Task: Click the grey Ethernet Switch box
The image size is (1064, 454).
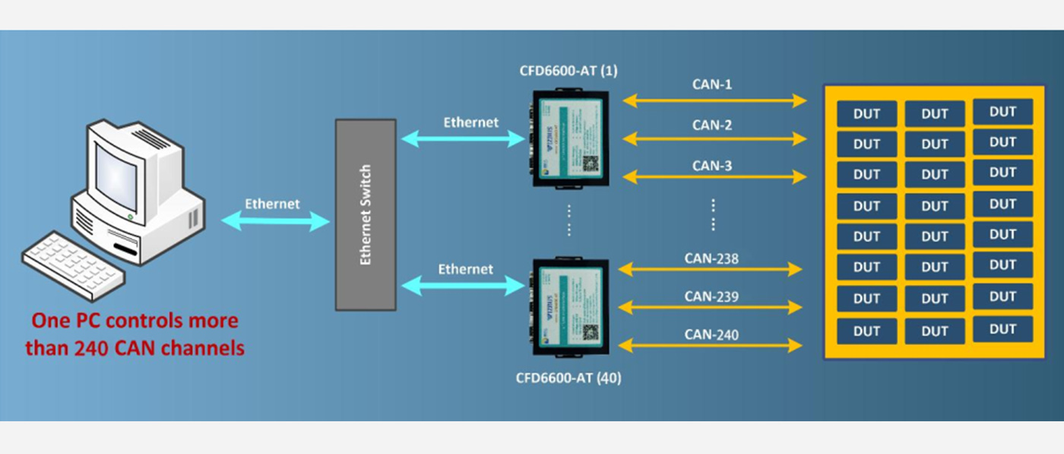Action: [366, 214]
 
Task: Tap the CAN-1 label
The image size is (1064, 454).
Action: [712, 84]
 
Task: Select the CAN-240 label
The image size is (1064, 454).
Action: [711, 334]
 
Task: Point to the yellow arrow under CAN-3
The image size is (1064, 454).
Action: [714, 176]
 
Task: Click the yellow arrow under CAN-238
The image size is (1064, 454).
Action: [710, 268]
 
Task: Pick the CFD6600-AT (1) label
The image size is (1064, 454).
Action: [568, 71]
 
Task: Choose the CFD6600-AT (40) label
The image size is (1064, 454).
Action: [568, 377]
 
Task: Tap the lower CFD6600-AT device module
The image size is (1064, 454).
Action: [568, 308]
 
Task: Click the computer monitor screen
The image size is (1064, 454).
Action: [116, 177]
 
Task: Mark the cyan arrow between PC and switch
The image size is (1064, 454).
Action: [275, 221]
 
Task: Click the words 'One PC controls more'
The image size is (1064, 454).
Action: [135, 321]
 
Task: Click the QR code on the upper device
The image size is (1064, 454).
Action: [591, 163]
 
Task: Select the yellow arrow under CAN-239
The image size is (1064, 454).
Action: [710, 307]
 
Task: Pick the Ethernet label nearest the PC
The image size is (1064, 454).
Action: [272, 204]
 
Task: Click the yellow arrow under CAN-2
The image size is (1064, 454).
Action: [714, 138]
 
